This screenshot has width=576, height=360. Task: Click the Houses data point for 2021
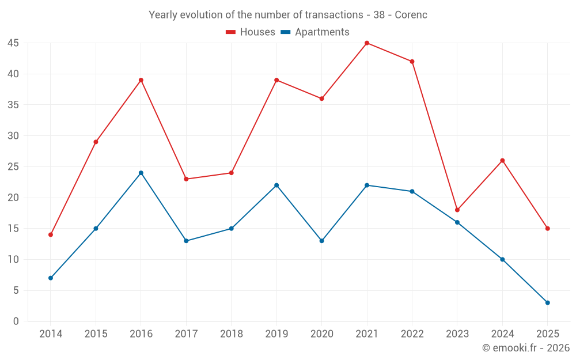click(x=367, y=43)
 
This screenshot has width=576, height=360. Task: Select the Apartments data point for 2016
click(x=141, y=173)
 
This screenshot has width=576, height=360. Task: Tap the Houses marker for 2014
click(x=51, y=234)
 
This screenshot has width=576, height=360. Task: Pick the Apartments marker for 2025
click(x=547, y=302)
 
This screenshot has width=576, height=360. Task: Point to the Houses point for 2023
click(x=457, y=210)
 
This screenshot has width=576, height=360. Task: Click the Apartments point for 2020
click(x=322, y=241)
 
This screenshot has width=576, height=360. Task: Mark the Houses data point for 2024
click(x=502, y=161)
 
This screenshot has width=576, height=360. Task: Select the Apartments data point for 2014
click(x=51, y=278)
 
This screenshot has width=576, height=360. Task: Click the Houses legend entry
click(x=251, y=32)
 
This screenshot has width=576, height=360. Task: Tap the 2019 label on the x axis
click(x=276, y=334)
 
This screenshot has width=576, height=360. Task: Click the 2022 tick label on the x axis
click(x=412, y=334)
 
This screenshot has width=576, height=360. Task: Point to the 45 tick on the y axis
click(x=13, y=43)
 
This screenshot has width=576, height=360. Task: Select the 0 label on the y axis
click(x=16, y=321)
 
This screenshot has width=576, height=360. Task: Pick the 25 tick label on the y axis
click(x=13, y=167)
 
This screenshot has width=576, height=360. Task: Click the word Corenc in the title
click(x=411, y=15)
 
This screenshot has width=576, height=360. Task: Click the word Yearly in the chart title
click(x=163, y=15)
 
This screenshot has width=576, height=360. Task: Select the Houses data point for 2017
click(x=186, y=179)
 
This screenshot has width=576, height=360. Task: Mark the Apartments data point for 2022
click(x=412, y=191)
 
